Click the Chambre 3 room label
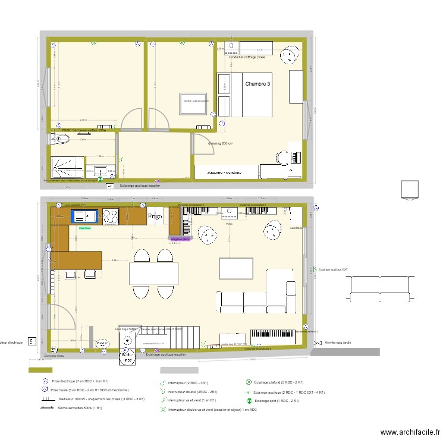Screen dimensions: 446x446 (257, 84)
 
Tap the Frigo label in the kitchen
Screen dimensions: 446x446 (155, 217)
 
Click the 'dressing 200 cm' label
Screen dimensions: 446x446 (220, 144)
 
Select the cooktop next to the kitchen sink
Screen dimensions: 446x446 (111, 216)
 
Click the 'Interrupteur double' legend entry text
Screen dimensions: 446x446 (192, 392)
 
